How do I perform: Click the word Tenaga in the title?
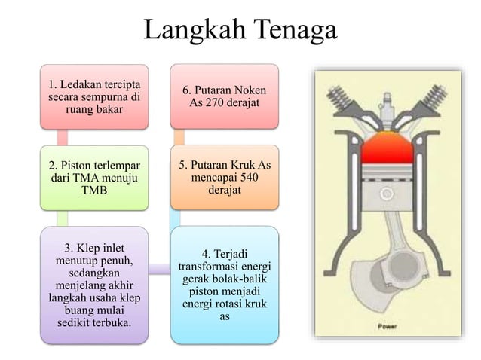pos(288,32)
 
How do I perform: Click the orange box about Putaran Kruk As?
pos(225,178)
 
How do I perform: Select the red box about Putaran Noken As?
pos(225,96)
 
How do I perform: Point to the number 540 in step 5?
pos(254,178)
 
